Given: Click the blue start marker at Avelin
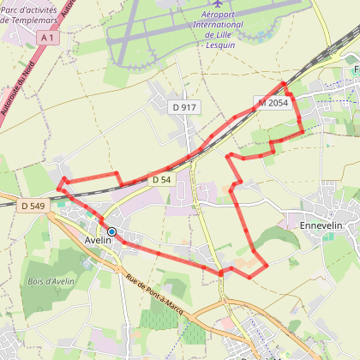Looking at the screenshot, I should tap(111, 231).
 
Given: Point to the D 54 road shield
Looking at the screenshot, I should tap(161, 180).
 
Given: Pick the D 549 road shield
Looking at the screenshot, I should tap(32, 206).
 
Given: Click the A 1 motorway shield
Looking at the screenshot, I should tap(49, 38).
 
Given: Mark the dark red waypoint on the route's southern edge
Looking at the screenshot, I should tap(220, 273).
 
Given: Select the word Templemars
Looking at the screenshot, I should tap(35, 20).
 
